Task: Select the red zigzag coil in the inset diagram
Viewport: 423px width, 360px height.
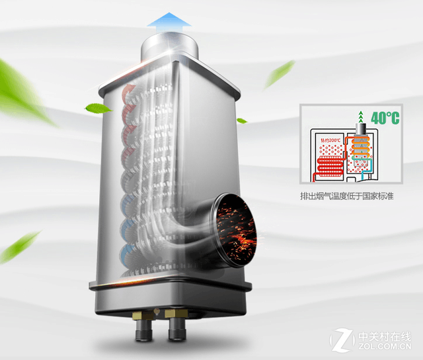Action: pos(328,166)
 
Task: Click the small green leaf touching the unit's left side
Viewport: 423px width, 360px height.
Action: pos(99,108)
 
